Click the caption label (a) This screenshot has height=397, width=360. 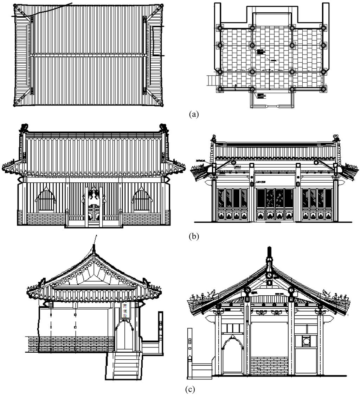(x=194, y=114)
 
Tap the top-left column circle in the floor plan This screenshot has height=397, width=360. (x=220, y=27)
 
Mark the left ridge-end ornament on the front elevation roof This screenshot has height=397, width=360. (x=24, y=128)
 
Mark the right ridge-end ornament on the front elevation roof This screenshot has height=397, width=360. (x=163, y=128)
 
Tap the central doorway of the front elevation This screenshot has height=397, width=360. (x=94, y=208)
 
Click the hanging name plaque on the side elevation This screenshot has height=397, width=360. (x=125, y=310)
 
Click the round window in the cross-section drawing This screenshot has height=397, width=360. (x=305, y=341)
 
